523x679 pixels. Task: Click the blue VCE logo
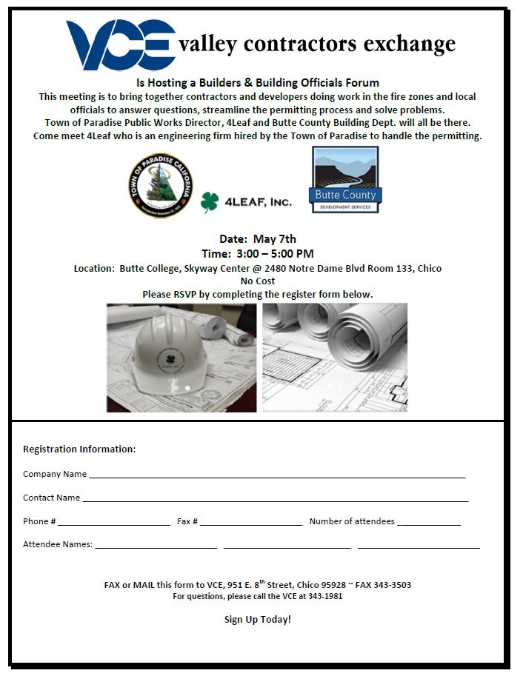pyautogui.click(x=121, y=45)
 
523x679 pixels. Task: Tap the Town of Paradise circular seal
pyautogui.click(x=160, y=185)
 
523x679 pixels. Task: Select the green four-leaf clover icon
pyautogui.click(x=210, y=201)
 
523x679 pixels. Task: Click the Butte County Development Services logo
pyautogui.click(x=344, y=179)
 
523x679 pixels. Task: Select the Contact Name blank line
pyautogui.click(x=275, y=500)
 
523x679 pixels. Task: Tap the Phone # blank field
pyautogui.click(x=114, y=524)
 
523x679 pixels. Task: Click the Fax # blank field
pyautogui.click(x=251, y=524)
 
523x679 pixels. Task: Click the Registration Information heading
pyautogui.click(x=79, y=449)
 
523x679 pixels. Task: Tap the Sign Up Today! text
pyautogui.click(x=258, y=619)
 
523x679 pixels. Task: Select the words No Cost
pyautogui.click(x=258, y=281)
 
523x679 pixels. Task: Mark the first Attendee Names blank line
pyautogui.click(x=156, y=546)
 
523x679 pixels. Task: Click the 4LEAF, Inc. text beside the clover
pyautogui.click(x=257, y=201)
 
